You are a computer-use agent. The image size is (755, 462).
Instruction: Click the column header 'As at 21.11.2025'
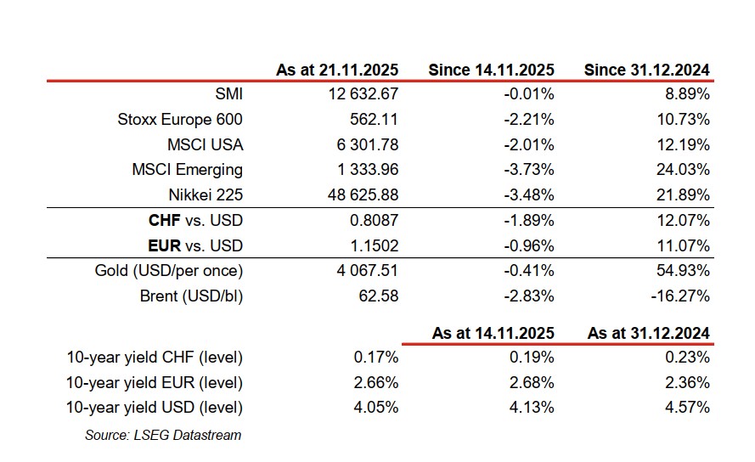pos(337,70)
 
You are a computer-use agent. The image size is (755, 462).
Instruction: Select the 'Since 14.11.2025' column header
pos(491,70)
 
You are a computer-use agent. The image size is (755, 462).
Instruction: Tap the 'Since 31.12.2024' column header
pos(646,70)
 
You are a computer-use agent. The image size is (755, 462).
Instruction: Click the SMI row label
pos(229,94)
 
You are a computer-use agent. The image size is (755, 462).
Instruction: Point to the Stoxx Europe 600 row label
pos(180,120)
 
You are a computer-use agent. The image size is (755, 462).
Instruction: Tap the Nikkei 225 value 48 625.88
pos(359,195)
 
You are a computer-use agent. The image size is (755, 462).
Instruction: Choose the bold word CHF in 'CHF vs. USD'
pos(164,221)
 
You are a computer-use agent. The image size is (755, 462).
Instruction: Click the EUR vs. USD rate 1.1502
pos(373,246)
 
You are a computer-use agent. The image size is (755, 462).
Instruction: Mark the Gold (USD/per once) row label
pos(168,272)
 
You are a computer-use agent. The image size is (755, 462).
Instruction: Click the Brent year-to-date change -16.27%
pos(682,296)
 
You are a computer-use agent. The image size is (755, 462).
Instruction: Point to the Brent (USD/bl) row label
pos(191,296)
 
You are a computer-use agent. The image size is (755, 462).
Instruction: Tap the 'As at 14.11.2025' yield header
pos(493,333)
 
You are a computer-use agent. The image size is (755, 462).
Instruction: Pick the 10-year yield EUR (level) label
pos(155,383)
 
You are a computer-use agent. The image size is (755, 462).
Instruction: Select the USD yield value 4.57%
pos(688,408)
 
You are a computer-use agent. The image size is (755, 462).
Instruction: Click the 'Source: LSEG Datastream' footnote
pos(163,436)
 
